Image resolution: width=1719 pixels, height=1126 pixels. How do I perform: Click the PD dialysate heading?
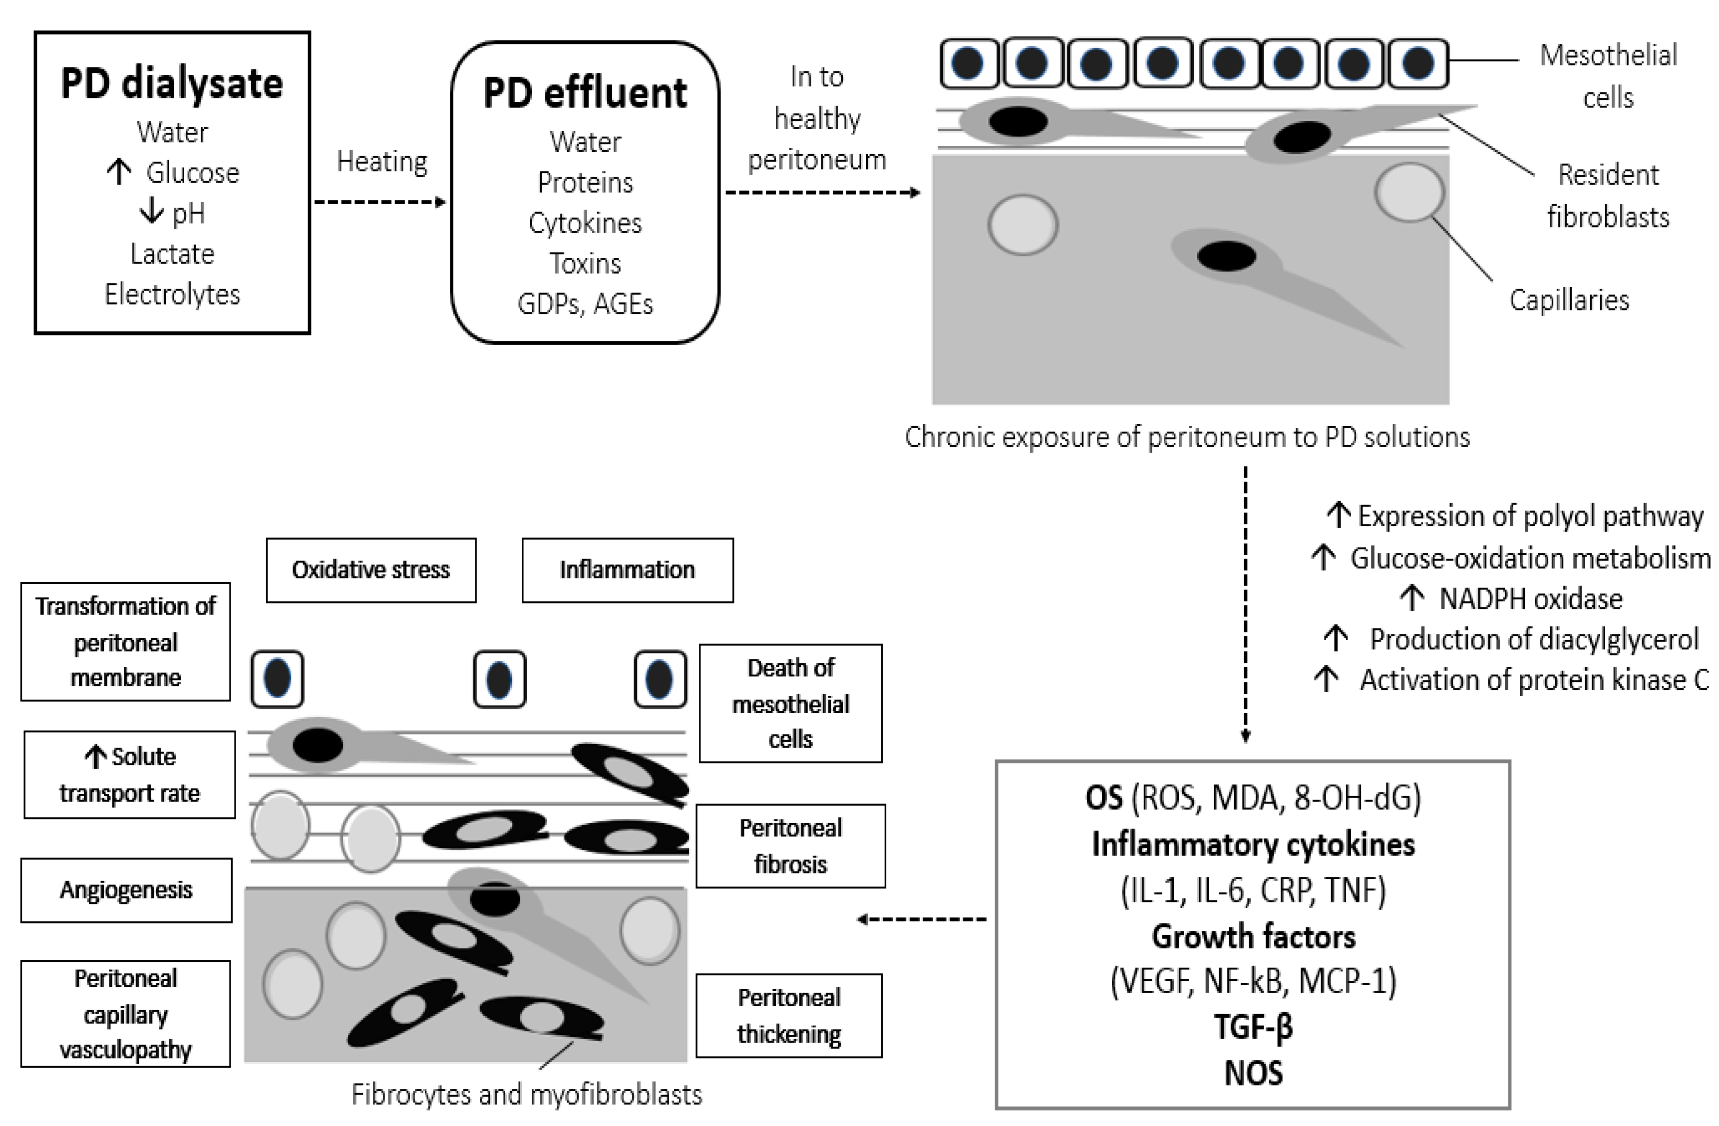pos(172,83)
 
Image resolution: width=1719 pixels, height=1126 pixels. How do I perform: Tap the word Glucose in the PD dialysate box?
pos(192,173)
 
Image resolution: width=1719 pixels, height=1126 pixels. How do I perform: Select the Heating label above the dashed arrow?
pos(382,161)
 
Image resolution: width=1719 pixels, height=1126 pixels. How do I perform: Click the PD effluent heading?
pos(585,93)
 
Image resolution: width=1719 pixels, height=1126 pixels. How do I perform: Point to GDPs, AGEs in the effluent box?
pos(585,304)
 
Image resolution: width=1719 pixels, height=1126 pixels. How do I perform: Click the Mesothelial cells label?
pos(1608,76)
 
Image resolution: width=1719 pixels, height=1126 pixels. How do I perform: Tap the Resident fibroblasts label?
pos(1608,195)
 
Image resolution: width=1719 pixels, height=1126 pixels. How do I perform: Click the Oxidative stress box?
pos(370,570)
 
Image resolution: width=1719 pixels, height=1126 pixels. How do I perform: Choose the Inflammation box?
pos(627,570)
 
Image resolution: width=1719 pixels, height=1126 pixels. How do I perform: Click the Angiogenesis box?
pos(126,890)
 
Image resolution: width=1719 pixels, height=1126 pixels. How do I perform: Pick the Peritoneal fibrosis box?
pos(790,846)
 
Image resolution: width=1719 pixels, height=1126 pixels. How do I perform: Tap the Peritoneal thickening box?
pos(789,1016)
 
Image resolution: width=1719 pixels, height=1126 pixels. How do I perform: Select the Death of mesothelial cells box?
pos(790,703)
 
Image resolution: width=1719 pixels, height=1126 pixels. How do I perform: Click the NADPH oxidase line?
pos(1530,599)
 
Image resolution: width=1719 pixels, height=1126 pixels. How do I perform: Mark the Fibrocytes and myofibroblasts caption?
pos(527,1094)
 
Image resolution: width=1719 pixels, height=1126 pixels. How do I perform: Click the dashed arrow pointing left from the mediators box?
pos(922,919)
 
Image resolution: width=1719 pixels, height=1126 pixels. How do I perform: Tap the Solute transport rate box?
pos(129,774)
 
